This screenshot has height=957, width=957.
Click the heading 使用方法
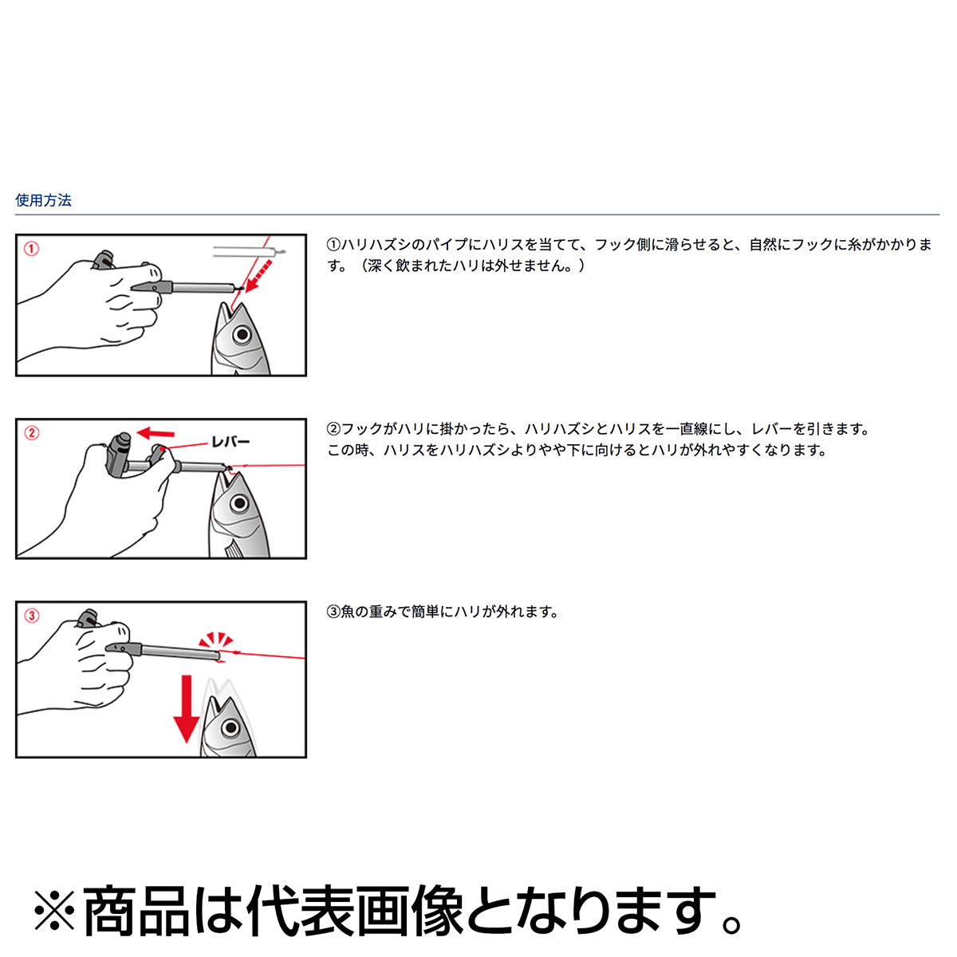[43, 200]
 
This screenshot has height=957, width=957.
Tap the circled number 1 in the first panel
[32, 248]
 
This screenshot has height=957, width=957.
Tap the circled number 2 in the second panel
[32, 432]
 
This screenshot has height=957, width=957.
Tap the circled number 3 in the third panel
[32, 616]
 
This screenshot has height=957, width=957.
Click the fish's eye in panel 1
[242, 335]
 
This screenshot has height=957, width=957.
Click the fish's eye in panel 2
[239, 503]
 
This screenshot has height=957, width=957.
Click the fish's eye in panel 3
[230, 729]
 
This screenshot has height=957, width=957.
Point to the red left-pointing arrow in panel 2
[156, 434]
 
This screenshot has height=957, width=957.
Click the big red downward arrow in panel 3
[187, 709]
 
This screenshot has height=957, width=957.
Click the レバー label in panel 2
[230, 442]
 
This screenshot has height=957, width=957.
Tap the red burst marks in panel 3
[215, 640]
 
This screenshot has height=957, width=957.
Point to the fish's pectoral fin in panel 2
[233, 549]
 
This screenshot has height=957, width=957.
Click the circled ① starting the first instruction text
[333, 245]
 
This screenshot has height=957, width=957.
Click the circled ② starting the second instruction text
[333, 429]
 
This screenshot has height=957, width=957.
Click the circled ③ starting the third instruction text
[333, 612]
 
